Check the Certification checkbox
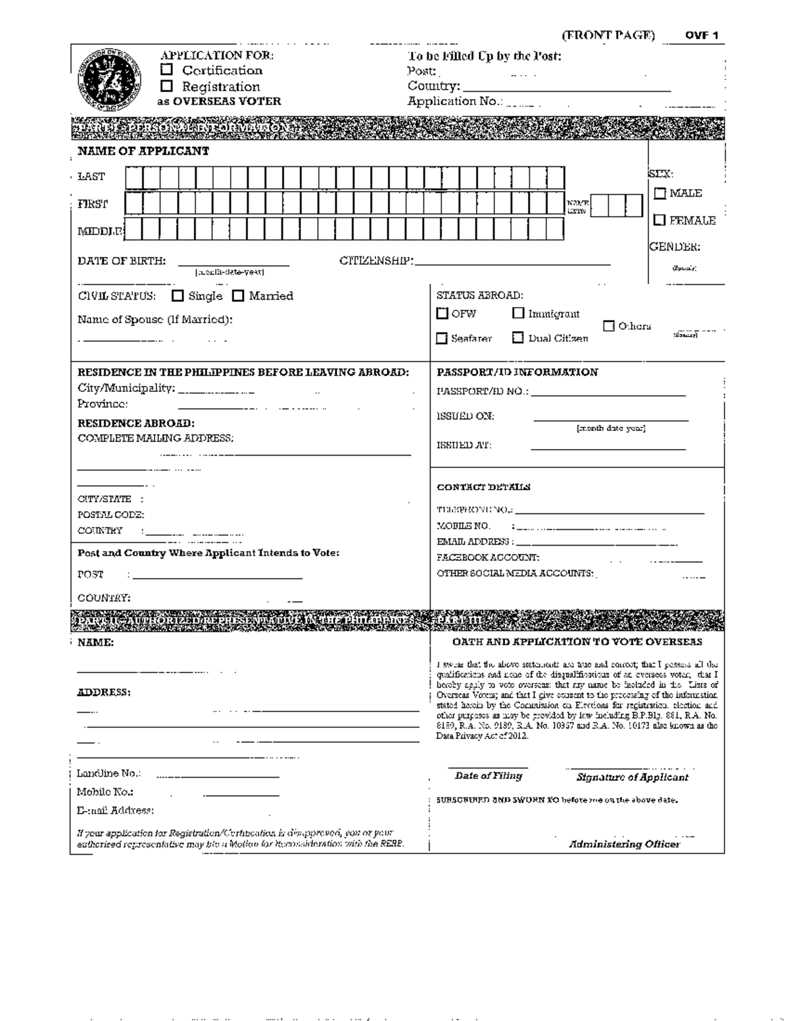point(167,70)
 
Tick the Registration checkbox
point(167,86)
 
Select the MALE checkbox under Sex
point(660,193)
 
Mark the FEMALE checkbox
point(660,220)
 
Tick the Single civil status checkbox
point(178,296)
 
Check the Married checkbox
point(238,296)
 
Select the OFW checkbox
point(442,314)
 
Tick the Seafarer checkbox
point(442,339)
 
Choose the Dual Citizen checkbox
point(518,338)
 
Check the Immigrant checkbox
point(518,314)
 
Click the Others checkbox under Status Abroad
point(609,326)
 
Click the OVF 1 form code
point(702,36)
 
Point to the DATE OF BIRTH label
point(122,261)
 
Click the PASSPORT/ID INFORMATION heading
point(517,372)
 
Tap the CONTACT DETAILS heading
point(483,487)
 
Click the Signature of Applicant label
point(632,777)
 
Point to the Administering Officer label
point(624,844)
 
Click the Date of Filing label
point(488,776)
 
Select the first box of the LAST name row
point(133,178)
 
